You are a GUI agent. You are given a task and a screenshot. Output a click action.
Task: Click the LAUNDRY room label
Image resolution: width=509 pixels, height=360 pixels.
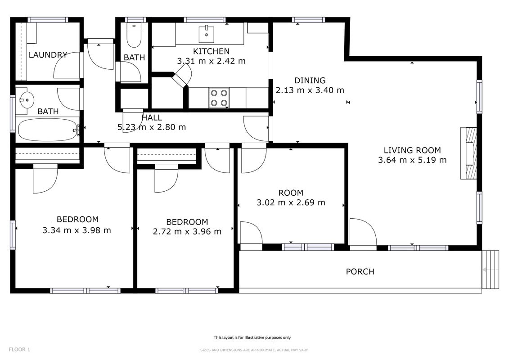[x=48, y=55]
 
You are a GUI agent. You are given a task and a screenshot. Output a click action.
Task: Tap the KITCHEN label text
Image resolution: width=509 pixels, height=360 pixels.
[x=212, y=51]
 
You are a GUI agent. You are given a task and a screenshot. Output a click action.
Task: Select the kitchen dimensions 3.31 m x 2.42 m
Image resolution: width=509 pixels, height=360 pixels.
[x=212, y=61]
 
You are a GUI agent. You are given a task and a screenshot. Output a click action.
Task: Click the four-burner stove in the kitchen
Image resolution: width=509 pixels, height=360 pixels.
[x=219, y=98]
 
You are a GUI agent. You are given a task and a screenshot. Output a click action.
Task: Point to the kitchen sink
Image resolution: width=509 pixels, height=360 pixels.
[x=207, y=34]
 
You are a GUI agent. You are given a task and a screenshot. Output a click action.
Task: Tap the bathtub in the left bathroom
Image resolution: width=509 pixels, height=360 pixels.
[x=48, y=130]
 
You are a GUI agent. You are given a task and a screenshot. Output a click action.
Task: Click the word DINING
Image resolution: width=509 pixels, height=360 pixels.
[x=310, y=81]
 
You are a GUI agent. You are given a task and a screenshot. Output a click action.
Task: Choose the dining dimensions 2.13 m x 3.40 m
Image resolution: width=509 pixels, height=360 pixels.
[x=310, y=90]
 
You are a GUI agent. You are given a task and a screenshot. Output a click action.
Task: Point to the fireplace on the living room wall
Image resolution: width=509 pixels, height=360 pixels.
[x=469, y=153]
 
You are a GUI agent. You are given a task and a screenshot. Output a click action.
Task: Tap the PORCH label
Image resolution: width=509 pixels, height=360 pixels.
[x=360, y=272]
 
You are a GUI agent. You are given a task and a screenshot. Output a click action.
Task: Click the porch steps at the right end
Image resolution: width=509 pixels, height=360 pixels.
[x=490, y=270]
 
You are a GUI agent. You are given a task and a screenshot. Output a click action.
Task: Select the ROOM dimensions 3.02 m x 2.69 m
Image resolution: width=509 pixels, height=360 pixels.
[x=291, y=202]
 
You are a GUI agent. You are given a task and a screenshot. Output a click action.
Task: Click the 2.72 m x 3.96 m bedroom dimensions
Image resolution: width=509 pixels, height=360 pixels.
[x=187, y=232]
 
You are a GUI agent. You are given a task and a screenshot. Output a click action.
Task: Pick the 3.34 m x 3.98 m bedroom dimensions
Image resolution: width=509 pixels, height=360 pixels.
[x=77, y=230]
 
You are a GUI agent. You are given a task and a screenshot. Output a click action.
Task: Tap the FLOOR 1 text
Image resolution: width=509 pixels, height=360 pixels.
[x=19, y=350]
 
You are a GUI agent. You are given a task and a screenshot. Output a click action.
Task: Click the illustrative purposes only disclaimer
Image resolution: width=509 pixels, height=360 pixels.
[x=252, y=337]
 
